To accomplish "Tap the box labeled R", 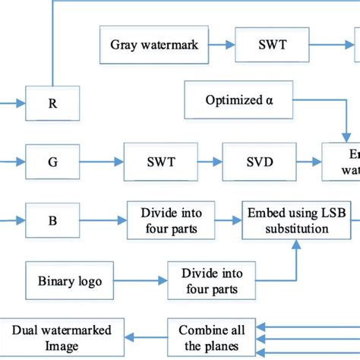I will pyautogui.click(x=52, y=103).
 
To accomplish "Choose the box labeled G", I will pyautogui.click(x=52, y=162).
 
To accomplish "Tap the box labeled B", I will pyautogui.click(x=52, y=220).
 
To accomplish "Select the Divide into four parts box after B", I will pyautogui.click(x=171, y=220).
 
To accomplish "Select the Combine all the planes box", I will pyautogui.click(x=212, y=336).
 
